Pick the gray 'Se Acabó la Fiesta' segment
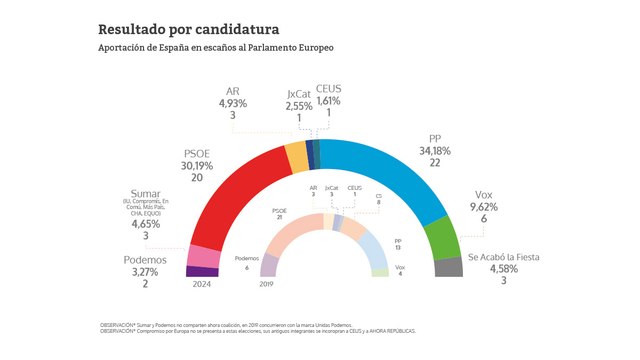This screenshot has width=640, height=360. click(x=449, y=267)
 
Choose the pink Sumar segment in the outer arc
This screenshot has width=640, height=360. click(x=204, y=256)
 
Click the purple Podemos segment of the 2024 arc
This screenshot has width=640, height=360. click(x=202, y=271)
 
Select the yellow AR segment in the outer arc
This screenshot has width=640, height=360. click(x=297, y=158)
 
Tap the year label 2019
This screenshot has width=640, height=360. click(x=267, y=284)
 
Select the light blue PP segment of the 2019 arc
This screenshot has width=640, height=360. click(x=371, y=244)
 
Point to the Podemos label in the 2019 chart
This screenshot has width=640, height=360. click(x=247, y=257)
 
